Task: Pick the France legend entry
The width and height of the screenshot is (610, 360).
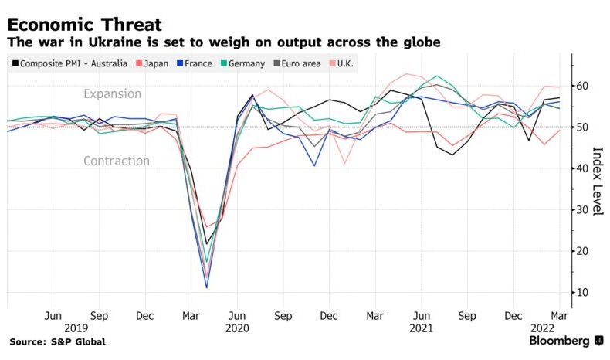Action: coord(198,63)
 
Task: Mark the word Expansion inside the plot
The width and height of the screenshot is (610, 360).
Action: coord(113,94)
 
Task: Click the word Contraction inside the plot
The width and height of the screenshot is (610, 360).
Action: coord(116,161)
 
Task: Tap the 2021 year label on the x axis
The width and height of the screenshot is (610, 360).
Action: coord(422,329)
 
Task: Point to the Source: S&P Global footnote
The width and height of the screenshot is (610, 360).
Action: coord(57,341)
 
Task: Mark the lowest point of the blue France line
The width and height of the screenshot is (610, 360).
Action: coord(207,287)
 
